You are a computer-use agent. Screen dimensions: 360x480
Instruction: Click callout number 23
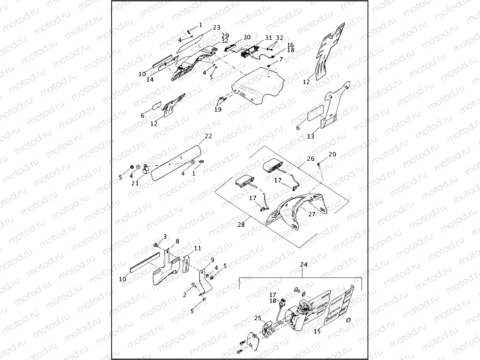coord(217,28)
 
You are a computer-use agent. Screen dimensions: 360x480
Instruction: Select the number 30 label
coord(246,37)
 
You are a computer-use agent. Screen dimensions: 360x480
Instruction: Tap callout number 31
coord(268,38)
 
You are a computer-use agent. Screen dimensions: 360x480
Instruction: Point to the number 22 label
coord(208,136)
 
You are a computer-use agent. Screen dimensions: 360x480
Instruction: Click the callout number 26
coord(310,159)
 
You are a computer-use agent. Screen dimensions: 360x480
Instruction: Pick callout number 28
coord(241,224)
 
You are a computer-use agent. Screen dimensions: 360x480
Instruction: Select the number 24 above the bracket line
coord(303,264)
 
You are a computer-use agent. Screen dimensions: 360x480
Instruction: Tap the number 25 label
coord(257,318)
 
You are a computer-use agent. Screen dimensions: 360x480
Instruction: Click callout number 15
coord(317,331)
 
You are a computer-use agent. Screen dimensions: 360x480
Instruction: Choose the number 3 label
coord(165,237)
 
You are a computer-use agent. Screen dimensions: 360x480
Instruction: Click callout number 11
coord(197,248)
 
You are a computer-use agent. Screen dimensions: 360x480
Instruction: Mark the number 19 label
coord(218,110)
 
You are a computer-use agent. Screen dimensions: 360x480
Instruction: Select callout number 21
coord(135,183)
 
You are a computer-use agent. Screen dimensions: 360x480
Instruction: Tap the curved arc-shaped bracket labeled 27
coord(295,209)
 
